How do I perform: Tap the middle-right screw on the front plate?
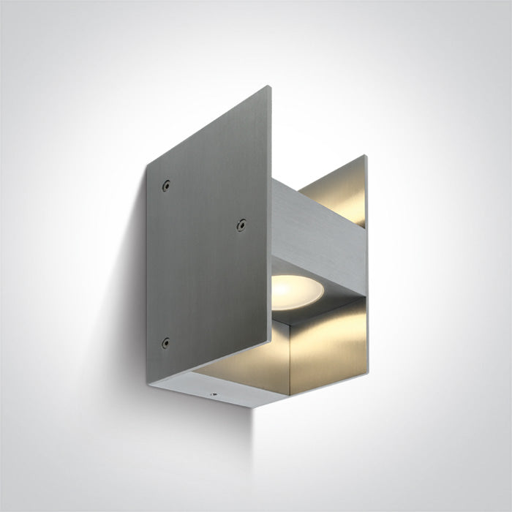pyautogui.click(x=240, y=225)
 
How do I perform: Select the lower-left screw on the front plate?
pyautogui.click(x=165, y=343)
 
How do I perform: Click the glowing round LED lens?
pyautogui.click(x=298, y=290)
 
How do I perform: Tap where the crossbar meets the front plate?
pyautogui.click(x=274, y=219)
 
